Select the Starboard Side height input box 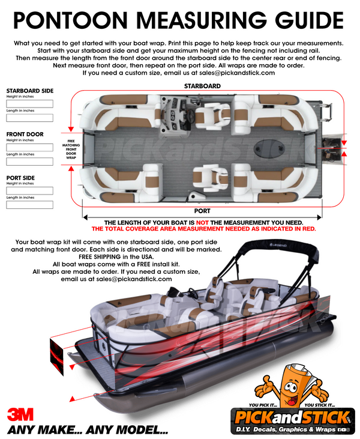coord(29,103)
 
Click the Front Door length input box coord(29,162)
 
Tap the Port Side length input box coord(29,205)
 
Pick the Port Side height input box coord(29,190)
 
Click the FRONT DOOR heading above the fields coord(26,135)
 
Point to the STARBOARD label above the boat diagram coord(202,86)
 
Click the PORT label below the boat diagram coord(202,211)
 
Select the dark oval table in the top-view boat coord(277,148)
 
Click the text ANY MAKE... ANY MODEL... coord(88,430)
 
